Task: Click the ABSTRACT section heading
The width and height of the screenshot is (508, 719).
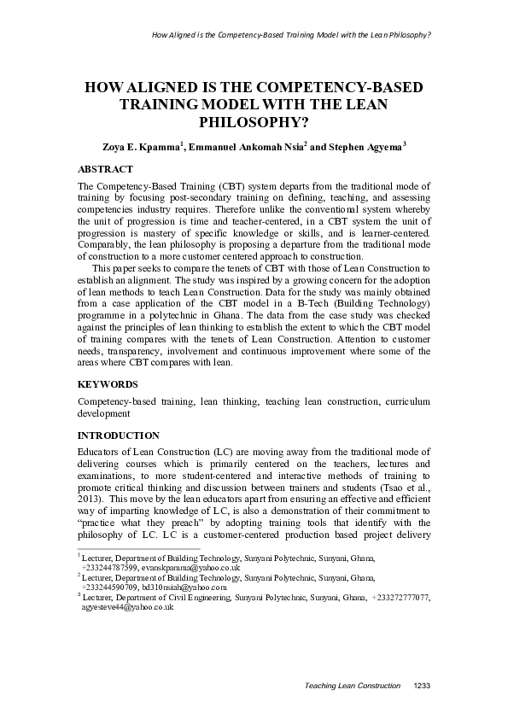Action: click(105, 169)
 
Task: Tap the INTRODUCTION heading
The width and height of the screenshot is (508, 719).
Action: click(118, 435)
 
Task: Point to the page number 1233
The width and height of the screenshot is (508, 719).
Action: click(422, 686)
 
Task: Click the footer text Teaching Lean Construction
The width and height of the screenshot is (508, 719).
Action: click(353, 686)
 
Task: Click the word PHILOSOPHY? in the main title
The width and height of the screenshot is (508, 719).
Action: click(254, 122)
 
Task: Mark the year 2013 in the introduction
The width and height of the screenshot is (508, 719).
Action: click(91, 497)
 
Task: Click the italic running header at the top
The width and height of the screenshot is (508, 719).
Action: click(290, 36)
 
